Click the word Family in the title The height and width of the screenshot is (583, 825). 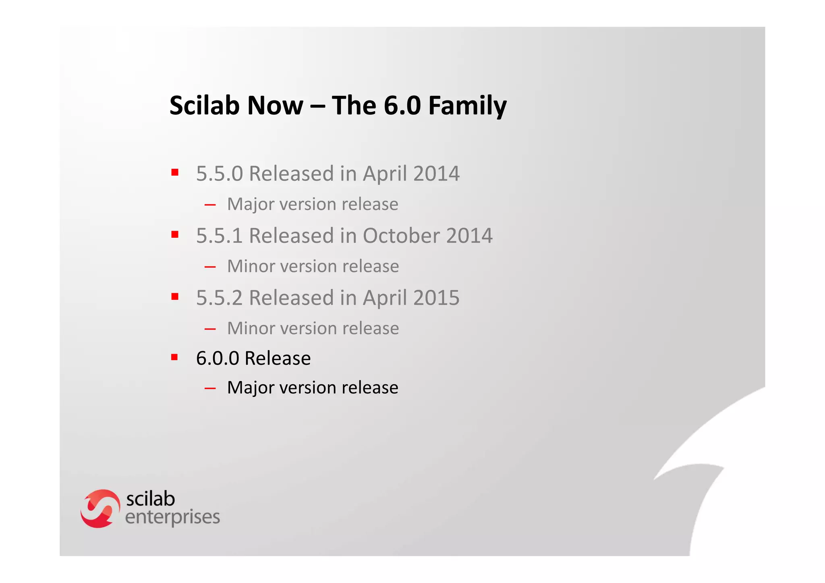[x=467, y=106]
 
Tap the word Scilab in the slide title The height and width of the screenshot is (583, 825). [x=203, y=106]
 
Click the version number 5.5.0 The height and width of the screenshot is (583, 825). [x=220, y=174]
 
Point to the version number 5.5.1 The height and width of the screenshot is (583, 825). [x=220, y=236]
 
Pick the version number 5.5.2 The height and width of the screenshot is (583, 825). [x=220, y=298]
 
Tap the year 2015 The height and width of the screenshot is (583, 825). [x=436, y=298]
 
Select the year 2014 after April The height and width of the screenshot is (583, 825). [x=436, y=174]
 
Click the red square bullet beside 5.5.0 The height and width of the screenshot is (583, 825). [x=175, y=173]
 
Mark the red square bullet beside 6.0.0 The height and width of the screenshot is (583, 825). [x=174, y=357]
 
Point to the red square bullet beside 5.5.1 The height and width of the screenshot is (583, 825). [x=175, y=234]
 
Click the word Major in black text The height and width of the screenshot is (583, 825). [x=251, y=388]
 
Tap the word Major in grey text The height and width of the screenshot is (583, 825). [x=251, y=204]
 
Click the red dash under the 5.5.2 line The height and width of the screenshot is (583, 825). [x=210, y=329]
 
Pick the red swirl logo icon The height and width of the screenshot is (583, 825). [x=100, y=508]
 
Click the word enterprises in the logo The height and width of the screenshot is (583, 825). [x=172, y=517]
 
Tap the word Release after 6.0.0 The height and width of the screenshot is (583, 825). [x=278, y=358]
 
